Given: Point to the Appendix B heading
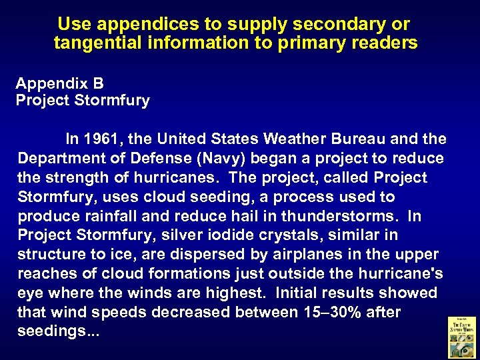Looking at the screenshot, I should coord(60,84).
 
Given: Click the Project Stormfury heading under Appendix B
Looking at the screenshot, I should coord(83,101).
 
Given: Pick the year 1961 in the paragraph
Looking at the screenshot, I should coord(102,139).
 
